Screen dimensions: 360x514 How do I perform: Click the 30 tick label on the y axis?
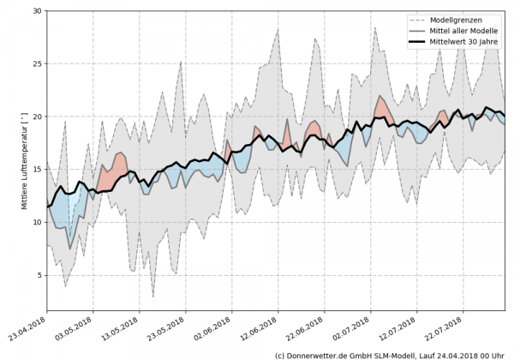[37, 11]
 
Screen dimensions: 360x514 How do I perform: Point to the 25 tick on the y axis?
[37, 64]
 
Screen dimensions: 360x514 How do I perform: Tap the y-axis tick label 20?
[37, 117]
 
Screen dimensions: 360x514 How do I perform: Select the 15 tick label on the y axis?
[37, 170]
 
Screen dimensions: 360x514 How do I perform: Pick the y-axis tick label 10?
[37, 223]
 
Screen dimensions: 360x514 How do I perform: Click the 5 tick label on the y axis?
[39, 276]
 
